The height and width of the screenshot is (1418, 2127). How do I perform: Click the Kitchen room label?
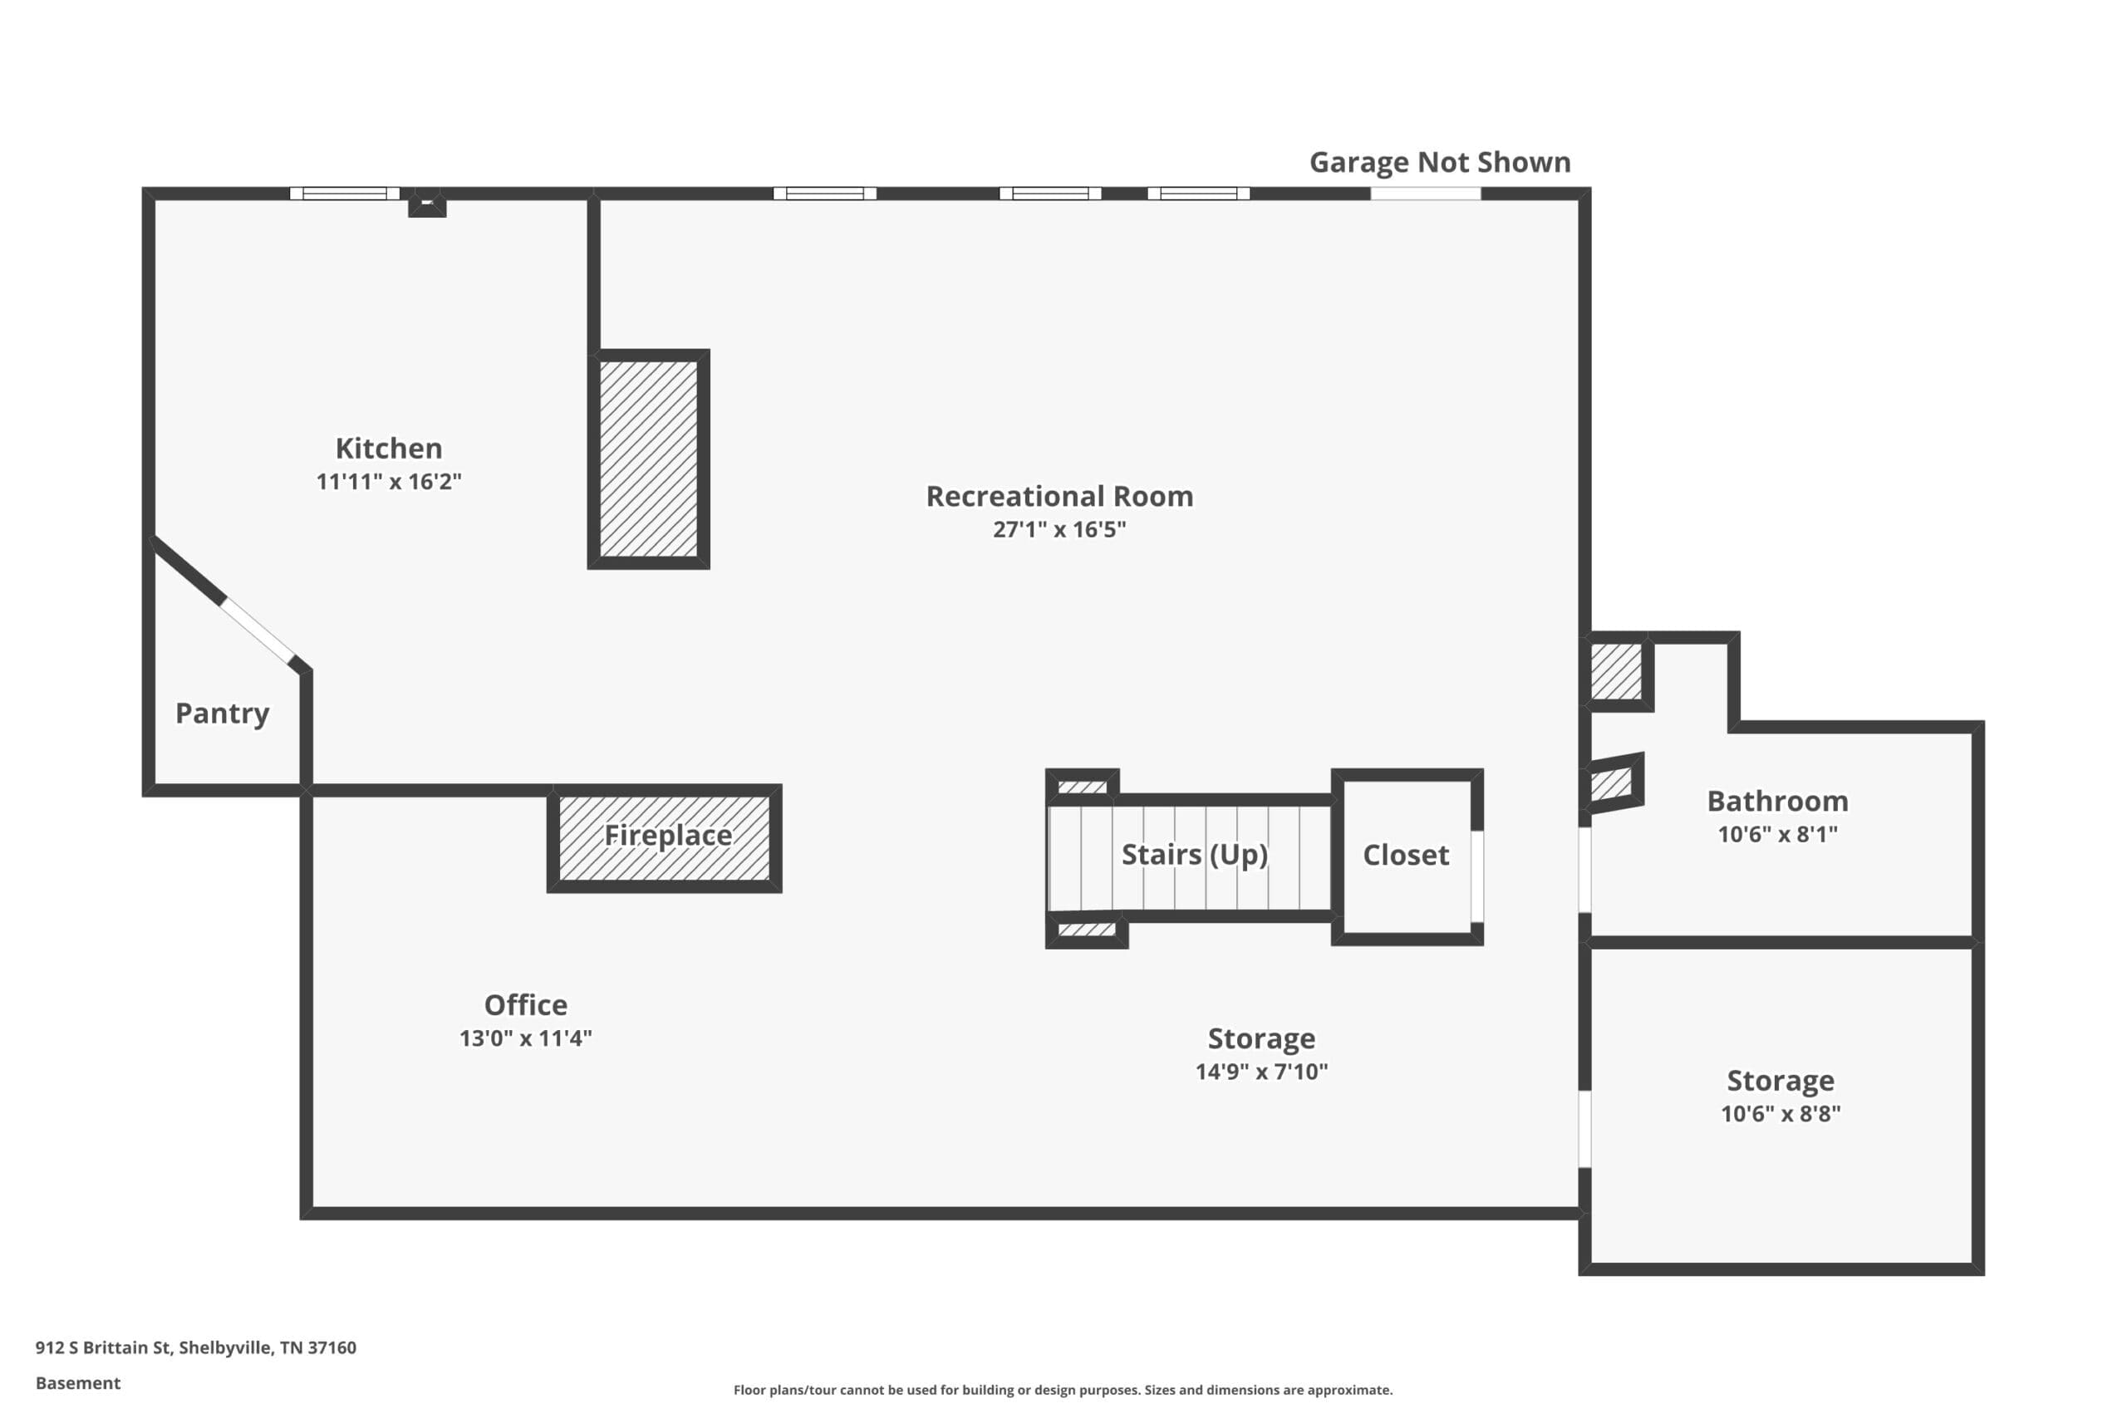pyautogui.click(x=389, y=449)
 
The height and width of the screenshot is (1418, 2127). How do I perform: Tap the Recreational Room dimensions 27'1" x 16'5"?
pyautogui.click(x=1059, y=529)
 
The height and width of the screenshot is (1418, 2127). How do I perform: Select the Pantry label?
pyautogui.click(x=223, y=714)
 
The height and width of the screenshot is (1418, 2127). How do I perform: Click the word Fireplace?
pyautogui.click(x=668, y=836)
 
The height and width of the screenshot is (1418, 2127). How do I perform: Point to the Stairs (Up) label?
pyautogui.click(x=1195, y=855)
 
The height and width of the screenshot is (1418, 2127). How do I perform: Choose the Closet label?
pyautogui.click(x=1407, y=856)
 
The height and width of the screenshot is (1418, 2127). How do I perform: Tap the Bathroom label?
pyautogui.click(x=1778, y=802)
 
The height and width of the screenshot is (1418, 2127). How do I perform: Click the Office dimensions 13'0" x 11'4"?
pyautogui.click(x=525, y=1038)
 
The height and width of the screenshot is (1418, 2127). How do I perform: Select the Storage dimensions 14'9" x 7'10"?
pyautogui.click(x=1261, y=1072)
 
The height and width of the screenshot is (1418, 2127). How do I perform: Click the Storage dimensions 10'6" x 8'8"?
pyautogui.click(x=1781, y=1114)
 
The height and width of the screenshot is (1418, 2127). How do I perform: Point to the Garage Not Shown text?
pyautogui.click(x=1440, y=163)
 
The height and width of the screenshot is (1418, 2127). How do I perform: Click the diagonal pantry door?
pyautogui.click(x=258, y=631)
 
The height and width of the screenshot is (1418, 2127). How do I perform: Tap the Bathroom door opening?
pyautogui.click(x=1584, y=870)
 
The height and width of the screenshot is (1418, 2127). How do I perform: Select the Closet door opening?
pyautogui.click(x=1476, y=876)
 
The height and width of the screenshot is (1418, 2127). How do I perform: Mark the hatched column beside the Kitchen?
pyautogui.click(x=648, y=459)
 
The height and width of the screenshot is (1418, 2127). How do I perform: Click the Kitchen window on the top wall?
pyautogui.click(x=345, y=194)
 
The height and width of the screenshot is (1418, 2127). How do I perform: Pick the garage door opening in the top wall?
pyautogui.click(x=1425, y=194)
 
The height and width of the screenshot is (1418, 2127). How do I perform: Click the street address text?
pyautogui.click(x=196, y=1348)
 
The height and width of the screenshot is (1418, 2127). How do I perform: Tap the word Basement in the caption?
pyautogui.click(x=78, y=1384)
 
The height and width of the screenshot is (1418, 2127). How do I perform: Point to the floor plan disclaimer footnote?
pyautogui.click(x=1063, y=1390)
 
